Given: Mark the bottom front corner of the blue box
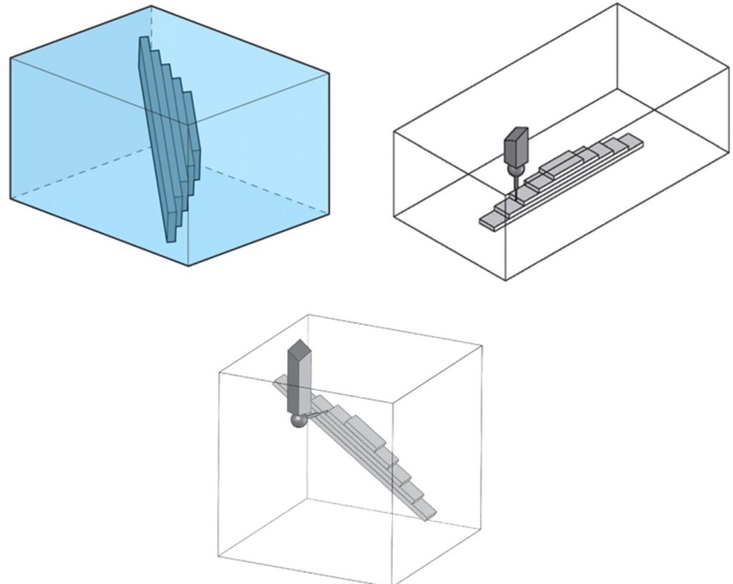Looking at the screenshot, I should (189, 266).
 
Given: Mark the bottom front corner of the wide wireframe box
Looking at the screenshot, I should (506, 280).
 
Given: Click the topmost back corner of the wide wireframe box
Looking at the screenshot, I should (616, 4).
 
